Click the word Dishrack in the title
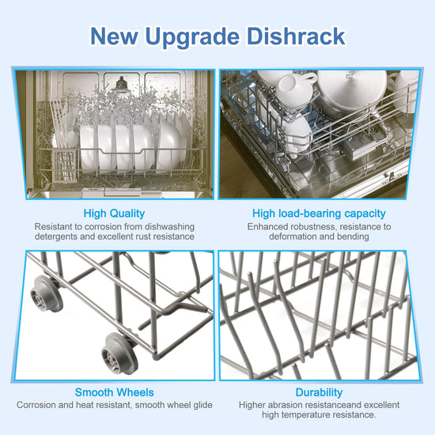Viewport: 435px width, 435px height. click(296, 36)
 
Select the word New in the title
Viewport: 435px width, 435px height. click(114, 36)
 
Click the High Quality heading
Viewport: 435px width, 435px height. click(114, 214)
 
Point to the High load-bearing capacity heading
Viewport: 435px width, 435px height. click(319, 214)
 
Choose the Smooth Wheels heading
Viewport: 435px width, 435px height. click(114, 392)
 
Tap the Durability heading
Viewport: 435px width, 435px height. click(319, 392)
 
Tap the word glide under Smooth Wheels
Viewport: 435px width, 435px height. click(202, 405)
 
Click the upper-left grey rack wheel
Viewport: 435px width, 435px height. click(46, 294)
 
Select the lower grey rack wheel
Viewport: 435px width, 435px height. click(119, 354)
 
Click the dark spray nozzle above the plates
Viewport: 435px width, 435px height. click(121, 83)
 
